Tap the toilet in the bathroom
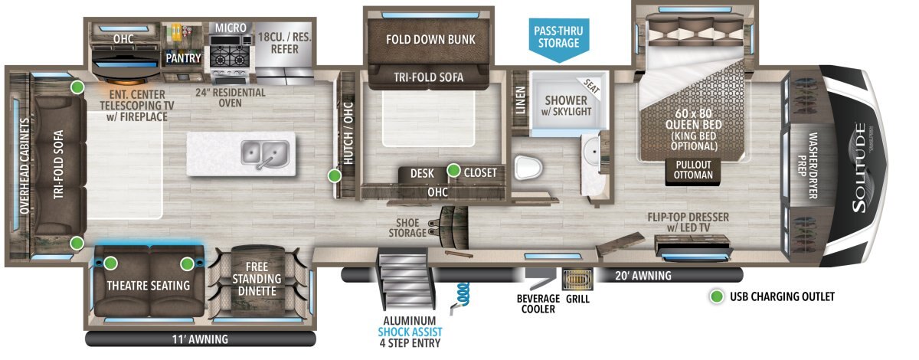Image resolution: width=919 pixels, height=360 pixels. (x=528, y=168)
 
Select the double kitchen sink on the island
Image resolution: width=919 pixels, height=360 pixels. (x=265, y=153)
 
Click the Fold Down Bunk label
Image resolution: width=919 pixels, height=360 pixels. (x=430, y=40)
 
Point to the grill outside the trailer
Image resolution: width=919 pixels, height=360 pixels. (x=577, y=280)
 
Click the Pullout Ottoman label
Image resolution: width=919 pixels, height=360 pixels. (x=693, y=169)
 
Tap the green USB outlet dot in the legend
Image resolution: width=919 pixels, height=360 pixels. (x=717, y=296)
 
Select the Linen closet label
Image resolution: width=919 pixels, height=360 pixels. (x=520, y=100)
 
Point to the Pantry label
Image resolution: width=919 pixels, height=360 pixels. (x=183, y=58)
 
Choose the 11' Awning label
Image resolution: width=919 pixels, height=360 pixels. (x=200, y=339)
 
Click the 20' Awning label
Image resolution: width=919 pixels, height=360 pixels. (x=643, y=276)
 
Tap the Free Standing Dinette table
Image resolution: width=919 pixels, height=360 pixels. (x=257, y=280)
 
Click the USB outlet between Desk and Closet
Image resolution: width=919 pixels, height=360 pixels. (x=453, y=170)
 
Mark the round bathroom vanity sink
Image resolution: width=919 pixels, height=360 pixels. (x=591, y=151)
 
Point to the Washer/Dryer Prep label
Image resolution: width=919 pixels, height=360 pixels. (x=807, y=165)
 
